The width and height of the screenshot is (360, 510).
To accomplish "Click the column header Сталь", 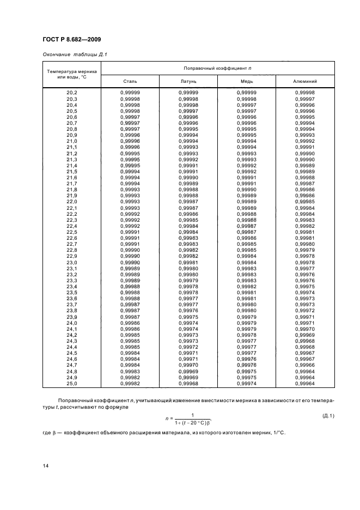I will tap(130, 81).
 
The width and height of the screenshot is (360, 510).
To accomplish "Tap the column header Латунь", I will tap(188, 81).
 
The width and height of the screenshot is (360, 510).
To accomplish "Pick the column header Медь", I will tap(247, 81).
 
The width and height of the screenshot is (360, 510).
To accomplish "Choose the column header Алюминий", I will tap(305, 81).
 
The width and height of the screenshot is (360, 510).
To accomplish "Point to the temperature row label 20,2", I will tap(72, 93).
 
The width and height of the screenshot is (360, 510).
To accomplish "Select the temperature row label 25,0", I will tap(72, 384).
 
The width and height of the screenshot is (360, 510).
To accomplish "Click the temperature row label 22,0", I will tap(72, 202).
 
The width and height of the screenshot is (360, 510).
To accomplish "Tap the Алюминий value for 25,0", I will tap(305, 384).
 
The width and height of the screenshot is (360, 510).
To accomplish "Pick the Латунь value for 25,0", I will tap(188, 384).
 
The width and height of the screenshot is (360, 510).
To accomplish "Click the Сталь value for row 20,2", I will tap(130, 93).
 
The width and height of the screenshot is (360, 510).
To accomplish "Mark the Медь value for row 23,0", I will tap(247, 262).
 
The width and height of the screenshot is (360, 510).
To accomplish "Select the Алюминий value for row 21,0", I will tap(305, 141).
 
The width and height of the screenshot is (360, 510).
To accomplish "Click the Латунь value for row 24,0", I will tap(188, 323).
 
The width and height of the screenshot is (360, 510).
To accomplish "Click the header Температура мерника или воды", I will tap(72, 74).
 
